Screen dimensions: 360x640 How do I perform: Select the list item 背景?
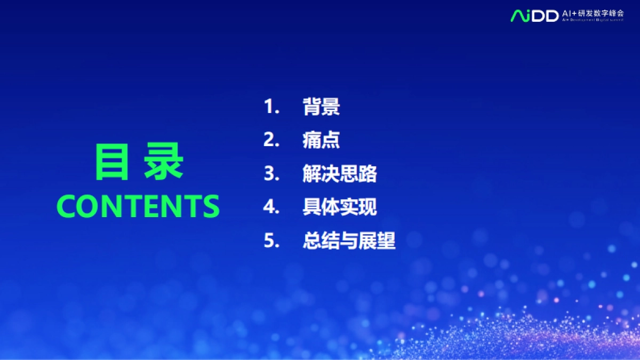[321, 107]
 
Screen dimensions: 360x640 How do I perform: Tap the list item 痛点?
[321, 140]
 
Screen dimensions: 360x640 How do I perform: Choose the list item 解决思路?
[340, 174]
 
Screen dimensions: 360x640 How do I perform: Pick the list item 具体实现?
[340, 207]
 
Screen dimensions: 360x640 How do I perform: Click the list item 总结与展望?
[349, 241]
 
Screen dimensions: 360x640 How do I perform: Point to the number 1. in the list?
[272, 107]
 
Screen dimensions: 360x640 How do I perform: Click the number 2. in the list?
[272, 140]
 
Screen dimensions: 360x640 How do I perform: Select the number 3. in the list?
[272, 174]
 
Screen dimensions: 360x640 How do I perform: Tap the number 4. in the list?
[272, 207]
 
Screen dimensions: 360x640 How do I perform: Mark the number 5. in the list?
[272, 241]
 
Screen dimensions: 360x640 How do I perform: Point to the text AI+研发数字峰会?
[592, 12]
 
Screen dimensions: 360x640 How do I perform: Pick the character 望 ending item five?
[386, 241]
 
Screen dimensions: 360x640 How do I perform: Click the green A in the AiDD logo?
[517, 16]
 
